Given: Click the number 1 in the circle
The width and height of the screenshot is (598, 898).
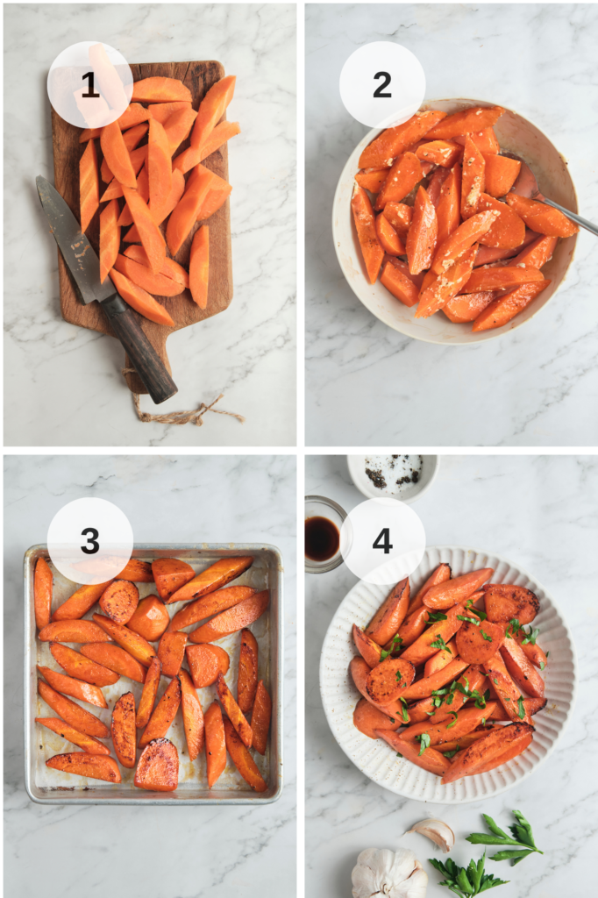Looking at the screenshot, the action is point(89,85).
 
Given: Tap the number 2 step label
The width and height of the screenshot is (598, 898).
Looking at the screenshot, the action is point(382,85).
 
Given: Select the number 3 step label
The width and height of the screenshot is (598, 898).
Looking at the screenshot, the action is point(90,540).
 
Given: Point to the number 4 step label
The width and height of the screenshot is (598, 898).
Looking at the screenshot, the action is point(382,540).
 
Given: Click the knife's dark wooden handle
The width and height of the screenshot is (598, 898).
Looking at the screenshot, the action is point(140,349).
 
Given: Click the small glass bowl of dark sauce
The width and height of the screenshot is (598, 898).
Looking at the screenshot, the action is point(323,534).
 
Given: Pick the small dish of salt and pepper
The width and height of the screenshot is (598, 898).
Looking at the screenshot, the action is point(394,474).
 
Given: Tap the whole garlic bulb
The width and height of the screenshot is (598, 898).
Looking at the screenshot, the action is point(388,873).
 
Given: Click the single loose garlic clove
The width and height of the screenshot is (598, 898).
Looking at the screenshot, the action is point(435,833).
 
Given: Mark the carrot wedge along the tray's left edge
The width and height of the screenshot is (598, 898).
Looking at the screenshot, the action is point(42,593).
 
